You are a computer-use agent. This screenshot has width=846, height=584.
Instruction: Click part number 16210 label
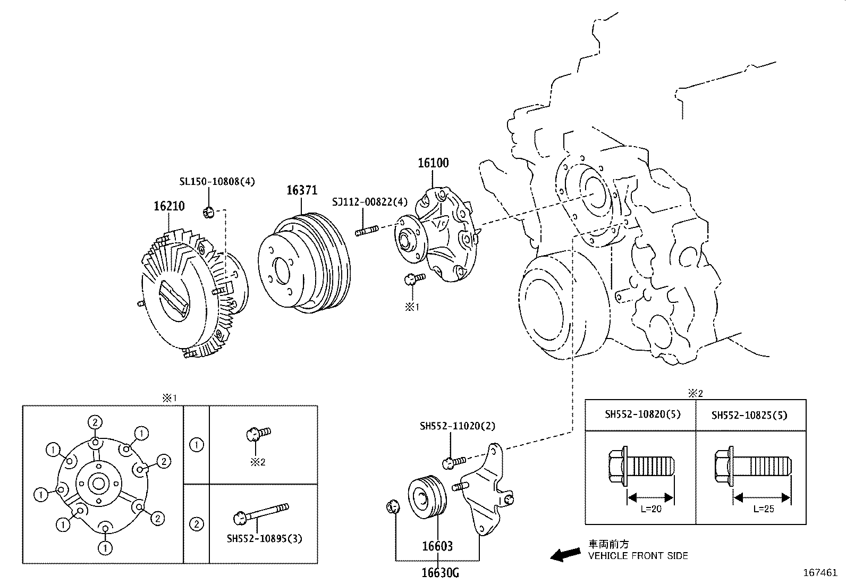pyautogui.click(x=169, y=206)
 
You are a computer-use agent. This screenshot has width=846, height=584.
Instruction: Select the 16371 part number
pyautogui.click(x=302, y=190)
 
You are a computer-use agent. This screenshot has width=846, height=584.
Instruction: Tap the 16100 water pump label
pyautogui.click(x=433, y=163)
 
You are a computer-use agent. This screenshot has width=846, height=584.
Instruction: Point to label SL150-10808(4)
pyautogui.click(x=217, y=181)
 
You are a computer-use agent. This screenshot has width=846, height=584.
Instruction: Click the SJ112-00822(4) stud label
pyautogui.click(x=370, y=202)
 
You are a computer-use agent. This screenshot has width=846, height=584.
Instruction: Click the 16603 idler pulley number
pyautogui.click(x=437, y=546)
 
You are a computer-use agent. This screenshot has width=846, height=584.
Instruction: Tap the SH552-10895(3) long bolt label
pyautogui.click(x=264, y=538)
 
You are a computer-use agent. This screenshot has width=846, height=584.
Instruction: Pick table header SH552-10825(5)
pyautogui.click(x=750, y=415)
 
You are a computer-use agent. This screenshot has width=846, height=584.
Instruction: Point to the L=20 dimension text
pyautogui.click(x=650, y=509)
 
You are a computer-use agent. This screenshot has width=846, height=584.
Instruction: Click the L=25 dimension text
pyautogui.click(x=763, y=509)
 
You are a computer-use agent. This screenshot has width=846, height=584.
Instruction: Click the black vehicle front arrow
pyautogui.click(x=565, y=555)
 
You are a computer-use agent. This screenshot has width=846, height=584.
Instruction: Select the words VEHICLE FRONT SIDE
pyautogui.click(x=638, y=556)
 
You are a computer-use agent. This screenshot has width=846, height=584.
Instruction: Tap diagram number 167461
pyautogui.click(x=820, y=573)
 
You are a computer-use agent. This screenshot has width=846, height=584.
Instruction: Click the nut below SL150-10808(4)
pyautogui.click(x=208, y=213)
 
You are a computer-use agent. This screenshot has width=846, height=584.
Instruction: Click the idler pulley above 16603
pyautogui.click(x=427, y=497)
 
